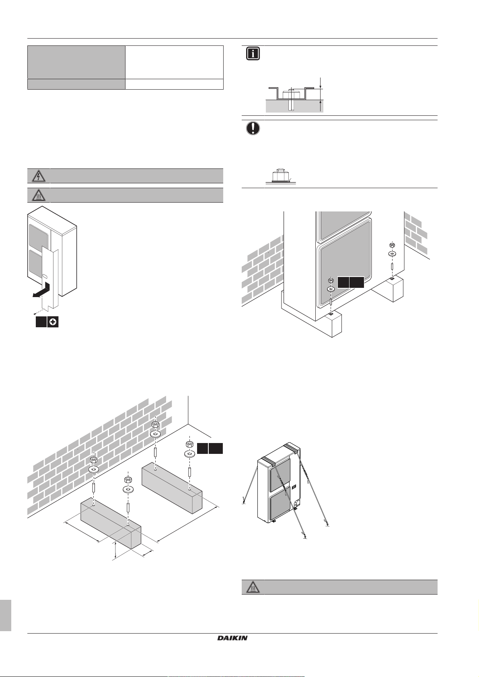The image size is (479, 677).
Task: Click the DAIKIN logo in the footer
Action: (232, 638)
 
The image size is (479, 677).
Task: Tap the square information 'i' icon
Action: (253, 54)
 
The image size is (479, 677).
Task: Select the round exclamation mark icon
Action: (253, 128)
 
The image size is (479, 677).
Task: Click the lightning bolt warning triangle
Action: (39, 176)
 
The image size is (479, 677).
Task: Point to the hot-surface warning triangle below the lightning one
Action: (39, 195)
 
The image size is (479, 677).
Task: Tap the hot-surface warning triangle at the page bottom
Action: (253, 587)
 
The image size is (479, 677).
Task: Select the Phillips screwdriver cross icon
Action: (53, 322)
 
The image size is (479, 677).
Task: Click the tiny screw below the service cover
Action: (36, 313)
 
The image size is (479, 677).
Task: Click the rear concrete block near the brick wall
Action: (172, 486)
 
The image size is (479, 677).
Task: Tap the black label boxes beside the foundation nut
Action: (210, 449)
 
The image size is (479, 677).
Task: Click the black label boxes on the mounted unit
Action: (351, 282)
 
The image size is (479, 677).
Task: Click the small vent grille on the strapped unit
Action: (294, 487)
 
